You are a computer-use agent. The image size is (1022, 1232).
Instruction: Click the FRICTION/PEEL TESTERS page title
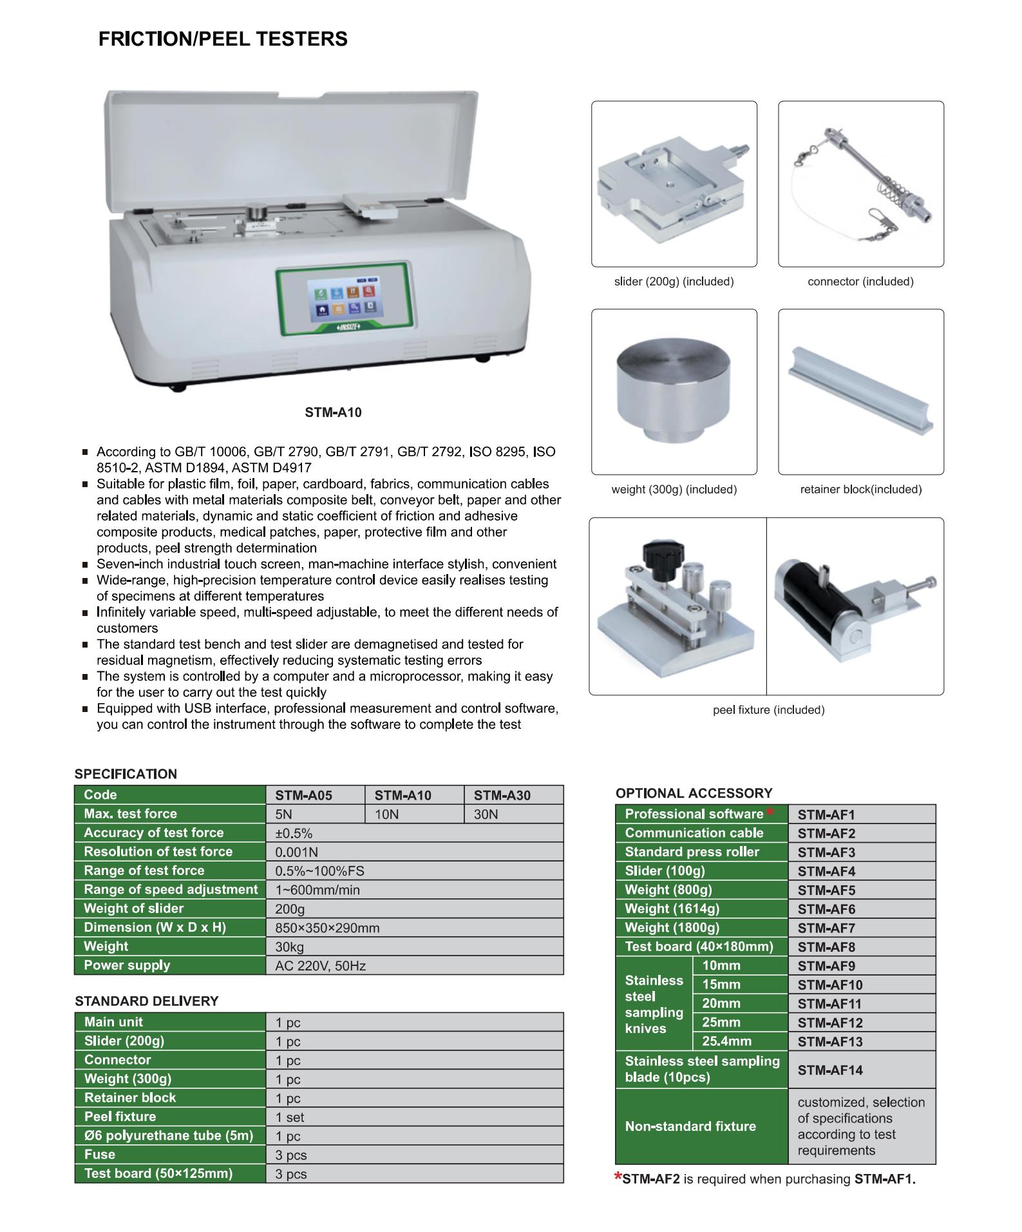[223, 39]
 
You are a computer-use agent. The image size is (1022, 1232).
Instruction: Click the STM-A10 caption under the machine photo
[333, 412]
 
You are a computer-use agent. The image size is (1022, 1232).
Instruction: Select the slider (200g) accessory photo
[673, 184]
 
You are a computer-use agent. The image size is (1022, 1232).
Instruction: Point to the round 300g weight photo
[673, 393]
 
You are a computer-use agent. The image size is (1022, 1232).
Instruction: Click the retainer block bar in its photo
[860, 391]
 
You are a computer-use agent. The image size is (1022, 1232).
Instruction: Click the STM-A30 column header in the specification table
[502, 795]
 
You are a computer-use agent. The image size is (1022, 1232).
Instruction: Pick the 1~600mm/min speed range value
[317, 890]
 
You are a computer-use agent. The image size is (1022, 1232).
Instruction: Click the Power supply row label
[127, 965]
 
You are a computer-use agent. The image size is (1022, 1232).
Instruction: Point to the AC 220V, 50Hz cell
[320, 966]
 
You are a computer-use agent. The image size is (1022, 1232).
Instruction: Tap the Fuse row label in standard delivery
[100, 1155]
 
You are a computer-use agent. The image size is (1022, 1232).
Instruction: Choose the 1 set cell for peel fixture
[290, 1117]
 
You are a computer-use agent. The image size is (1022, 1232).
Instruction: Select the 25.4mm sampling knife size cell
[726, 1041]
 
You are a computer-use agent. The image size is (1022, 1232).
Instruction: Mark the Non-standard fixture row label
[690, 1126]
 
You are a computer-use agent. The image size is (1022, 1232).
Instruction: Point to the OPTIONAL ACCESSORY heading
[694, 793]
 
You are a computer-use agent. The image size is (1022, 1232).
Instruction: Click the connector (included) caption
[860, 282]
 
